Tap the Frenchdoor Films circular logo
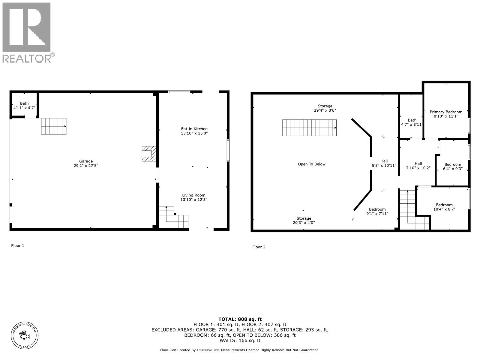[25, 335]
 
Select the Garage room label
[86, 161]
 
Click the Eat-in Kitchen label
[194, 129]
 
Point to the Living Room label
[193, 195]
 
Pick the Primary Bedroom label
[446, 112]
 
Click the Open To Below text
[311, 164]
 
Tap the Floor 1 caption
[18, 245]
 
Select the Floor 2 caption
[259, 247]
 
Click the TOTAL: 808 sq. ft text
[240, 319]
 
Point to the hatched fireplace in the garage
[149, 154]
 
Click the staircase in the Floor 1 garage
[54, 126]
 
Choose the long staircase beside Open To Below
[309, 128]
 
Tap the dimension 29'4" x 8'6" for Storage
[325, 110]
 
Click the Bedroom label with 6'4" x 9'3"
[453, 164]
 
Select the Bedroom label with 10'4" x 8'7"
[444, 205]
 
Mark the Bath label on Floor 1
[24, 103]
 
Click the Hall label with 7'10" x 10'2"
[418, 163]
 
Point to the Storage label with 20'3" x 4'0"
[304, 218]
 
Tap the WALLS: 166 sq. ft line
[240, 340]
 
